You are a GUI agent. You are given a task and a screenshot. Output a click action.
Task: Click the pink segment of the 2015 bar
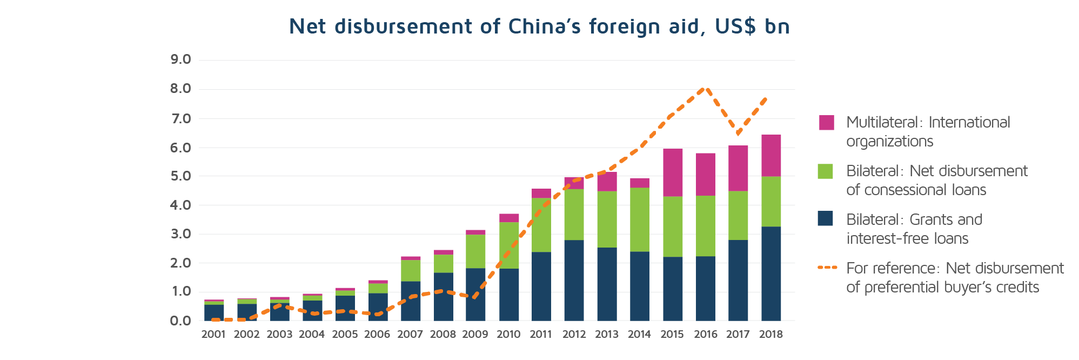point(672,172)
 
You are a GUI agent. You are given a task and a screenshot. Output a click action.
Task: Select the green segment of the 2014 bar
point(639,219)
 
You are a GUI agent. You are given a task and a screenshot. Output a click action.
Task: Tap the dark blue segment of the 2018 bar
point(770,274)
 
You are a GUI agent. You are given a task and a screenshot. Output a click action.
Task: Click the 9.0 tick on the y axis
point(180,59)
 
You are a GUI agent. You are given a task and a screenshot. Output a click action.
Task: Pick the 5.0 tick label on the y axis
point(180,176)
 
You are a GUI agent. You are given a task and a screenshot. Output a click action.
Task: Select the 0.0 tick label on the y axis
point(180,321)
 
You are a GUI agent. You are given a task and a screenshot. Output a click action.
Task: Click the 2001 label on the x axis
point(213,335)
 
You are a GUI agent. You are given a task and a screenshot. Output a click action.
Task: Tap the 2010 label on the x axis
point(508,335)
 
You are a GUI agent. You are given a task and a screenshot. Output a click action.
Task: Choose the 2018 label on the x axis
point(770,335)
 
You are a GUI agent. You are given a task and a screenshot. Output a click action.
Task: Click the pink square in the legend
point(826,123)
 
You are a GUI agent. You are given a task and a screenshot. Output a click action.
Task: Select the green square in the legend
point(826,171)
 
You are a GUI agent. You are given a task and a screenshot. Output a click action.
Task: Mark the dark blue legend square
point(826,219)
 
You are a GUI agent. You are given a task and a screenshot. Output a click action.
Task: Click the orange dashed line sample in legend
point(827,268)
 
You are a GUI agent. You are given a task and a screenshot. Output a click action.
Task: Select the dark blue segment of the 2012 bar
point(574,280)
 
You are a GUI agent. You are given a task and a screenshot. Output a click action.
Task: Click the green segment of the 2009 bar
point(475,251)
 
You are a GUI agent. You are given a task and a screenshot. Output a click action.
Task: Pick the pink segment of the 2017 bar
point(738,168)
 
